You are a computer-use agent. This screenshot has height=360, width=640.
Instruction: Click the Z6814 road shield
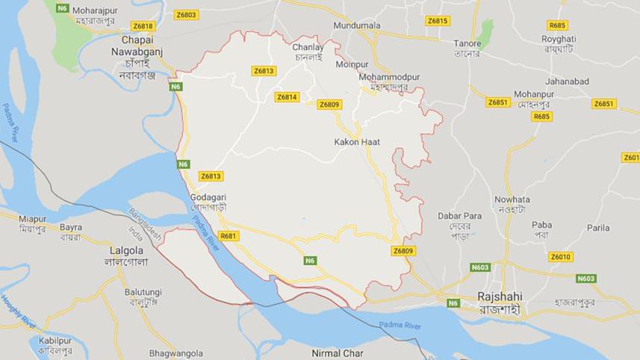(287, 97)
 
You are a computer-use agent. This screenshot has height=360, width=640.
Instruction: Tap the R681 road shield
(229, 236)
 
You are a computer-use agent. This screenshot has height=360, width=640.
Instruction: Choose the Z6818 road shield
(143, 26)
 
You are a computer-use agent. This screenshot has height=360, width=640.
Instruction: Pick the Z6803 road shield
(186, 15)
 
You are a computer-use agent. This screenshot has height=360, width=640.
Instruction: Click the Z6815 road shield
(438, 21)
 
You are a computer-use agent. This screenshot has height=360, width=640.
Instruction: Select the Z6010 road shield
(560, 257)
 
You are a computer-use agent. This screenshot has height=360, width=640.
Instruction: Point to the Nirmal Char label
(338, 353)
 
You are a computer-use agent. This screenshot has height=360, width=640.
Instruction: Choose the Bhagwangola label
(175, 353)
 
